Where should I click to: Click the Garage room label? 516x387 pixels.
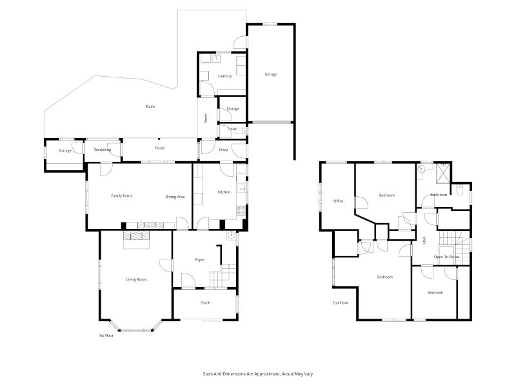tap(270, 74)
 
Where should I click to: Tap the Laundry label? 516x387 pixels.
tap(224, 76)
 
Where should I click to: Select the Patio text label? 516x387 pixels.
tap(150, 106)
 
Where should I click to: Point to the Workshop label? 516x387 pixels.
tap(103, 150)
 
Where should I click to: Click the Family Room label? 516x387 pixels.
tap(122, 196)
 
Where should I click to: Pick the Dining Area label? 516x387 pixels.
tap(175, 197)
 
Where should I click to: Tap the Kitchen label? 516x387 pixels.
tap(224, 192)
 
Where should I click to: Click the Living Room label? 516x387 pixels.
tap(136, 279)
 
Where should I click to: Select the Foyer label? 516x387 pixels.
tap(199, 260)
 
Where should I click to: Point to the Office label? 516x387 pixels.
tap(338, 201)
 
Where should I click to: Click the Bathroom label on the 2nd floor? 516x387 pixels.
tap(439, 195)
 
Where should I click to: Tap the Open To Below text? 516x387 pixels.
tap(446, 257)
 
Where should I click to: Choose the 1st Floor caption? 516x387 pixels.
tap(106, 335)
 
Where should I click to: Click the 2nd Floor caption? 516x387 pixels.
tap(340, 303)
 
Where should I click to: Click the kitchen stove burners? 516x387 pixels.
tap(241, 211)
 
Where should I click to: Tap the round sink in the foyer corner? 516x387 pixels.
tap(232, 235)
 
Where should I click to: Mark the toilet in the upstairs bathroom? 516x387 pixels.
tap(459, 190)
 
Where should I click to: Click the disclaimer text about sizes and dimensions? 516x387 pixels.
tap(257, 374)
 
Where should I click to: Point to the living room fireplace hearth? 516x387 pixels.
tap(136, 239)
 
